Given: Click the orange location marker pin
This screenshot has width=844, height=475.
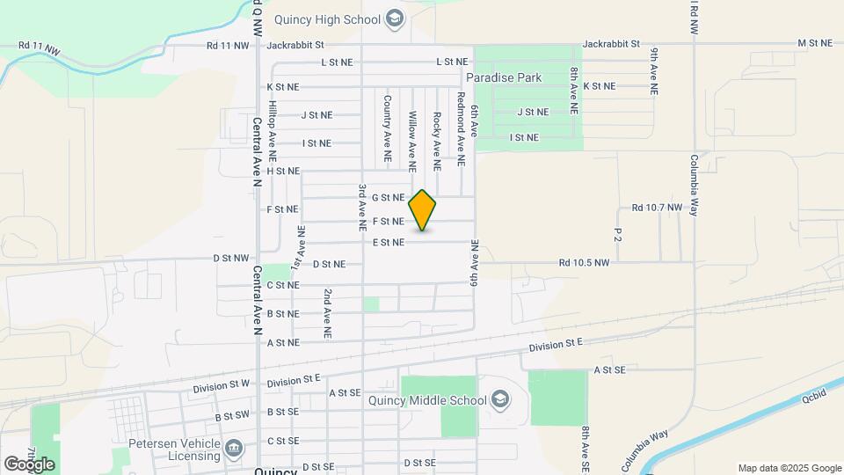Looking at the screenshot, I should click(423, 209).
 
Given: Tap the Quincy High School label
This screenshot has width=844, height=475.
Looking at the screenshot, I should click(326, 18).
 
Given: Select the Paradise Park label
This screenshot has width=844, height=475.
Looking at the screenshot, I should click(504, 77).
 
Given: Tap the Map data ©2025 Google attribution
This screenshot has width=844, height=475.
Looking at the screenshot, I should click(789, 468).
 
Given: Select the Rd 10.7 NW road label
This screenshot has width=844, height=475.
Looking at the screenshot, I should click(657, 208).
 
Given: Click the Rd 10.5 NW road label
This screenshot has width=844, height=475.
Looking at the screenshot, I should click(584, 262).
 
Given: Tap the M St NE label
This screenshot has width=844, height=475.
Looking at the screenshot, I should click(814, 42).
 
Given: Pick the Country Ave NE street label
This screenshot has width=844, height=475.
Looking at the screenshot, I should click(387, 128).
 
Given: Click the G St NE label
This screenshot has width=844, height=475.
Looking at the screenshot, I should click(388, 198).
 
